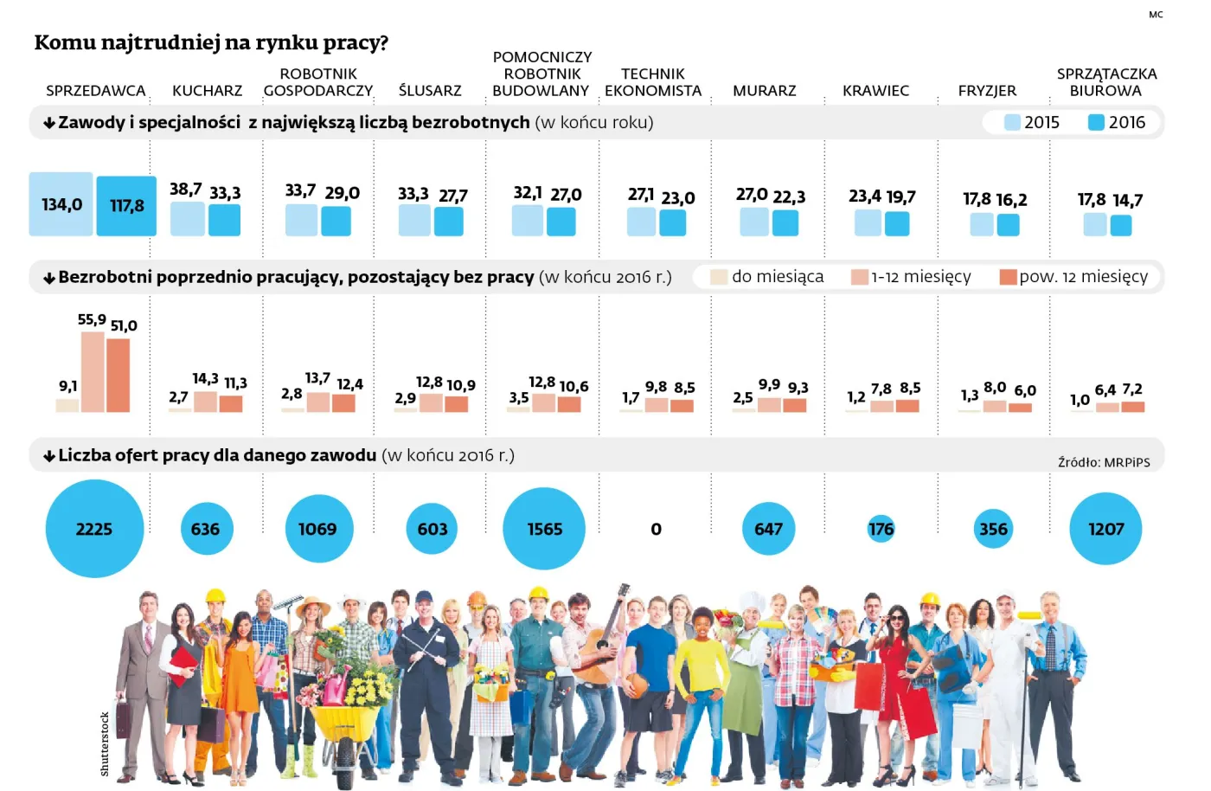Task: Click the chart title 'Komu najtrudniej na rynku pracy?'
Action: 211,42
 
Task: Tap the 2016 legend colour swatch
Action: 1096,123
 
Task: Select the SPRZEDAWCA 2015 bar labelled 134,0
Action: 61,204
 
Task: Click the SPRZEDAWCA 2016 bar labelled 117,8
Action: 126,206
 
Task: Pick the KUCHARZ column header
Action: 207,91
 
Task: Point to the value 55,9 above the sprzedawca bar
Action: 92,320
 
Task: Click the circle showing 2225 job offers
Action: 94,529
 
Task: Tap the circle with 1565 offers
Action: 544,529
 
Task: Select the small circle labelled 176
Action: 881,529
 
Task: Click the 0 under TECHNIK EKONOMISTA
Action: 656,529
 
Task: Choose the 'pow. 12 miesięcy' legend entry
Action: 1074,277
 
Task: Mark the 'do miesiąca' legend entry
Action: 767,277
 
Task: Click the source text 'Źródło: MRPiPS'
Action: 1104,462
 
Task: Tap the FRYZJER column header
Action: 987,91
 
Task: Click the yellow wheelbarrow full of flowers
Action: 346,723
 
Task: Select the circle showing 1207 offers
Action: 1105,529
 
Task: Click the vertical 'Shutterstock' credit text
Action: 105,743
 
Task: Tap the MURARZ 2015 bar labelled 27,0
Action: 753,222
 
